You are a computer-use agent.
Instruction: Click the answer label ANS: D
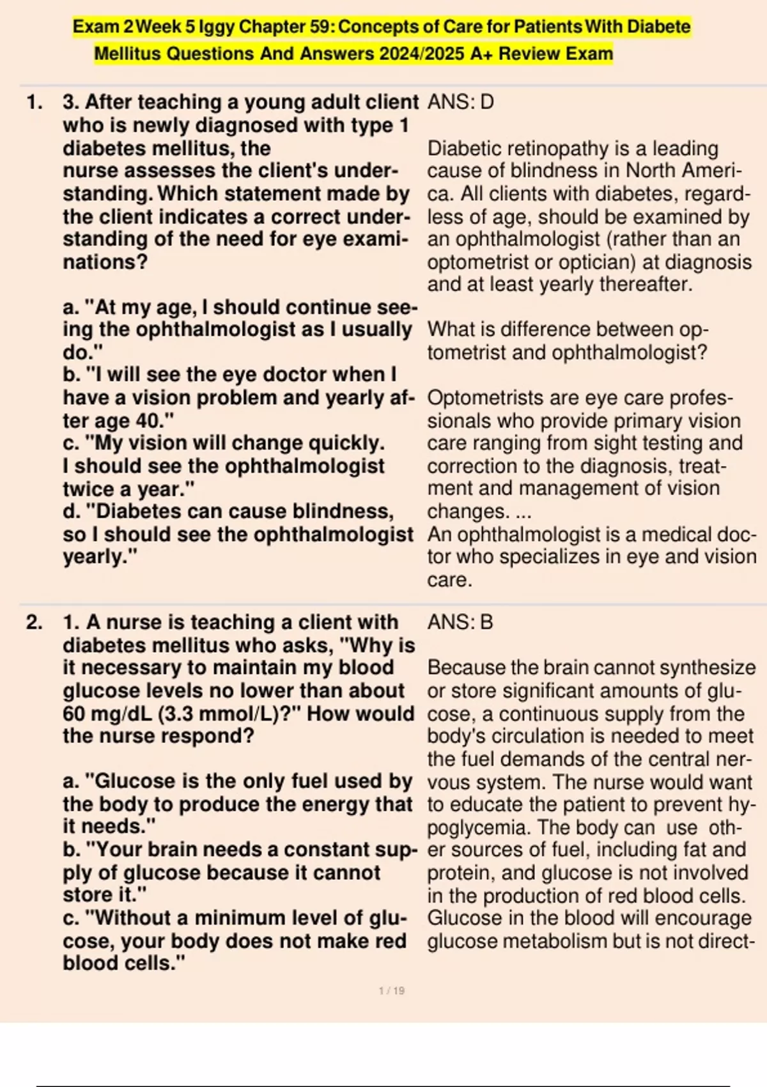point(460,102)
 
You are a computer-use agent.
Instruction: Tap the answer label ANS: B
point(460,622)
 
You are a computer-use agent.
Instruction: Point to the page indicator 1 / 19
point(392,990)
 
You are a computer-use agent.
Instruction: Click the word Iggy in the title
point(217,27)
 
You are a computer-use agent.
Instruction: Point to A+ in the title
point(482,54)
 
